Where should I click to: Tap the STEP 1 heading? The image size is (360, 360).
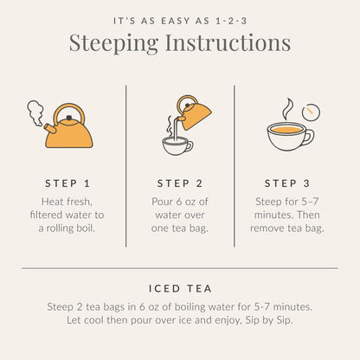coord(67,183)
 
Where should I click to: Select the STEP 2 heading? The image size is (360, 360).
coord(179,183)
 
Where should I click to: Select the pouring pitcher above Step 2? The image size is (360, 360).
coord(194,111)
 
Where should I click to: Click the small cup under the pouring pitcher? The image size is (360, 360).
coord(177,145)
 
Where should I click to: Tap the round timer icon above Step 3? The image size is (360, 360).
coord(311,112)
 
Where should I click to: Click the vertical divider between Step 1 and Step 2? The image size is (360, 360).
coord(126,164)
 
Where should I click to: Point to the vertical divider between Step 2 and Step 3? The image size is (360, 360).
coord(235,164)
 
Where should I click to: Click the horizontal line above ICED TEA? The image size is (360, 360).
coord(179,268)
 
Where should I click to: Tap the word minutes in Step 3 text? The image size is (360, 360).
coord(271,214)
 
